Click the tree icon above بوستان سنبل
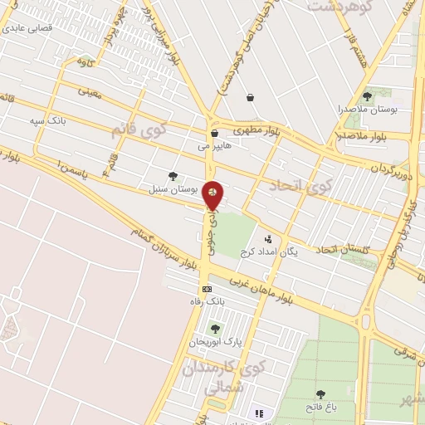tap(173, 176)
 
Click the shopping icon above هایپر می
tap(214, 133)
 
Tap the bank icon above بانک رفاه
tap(206, 289)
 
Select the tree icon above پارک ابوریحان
tap(216, 329)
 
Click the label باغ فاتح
tap(320, 407)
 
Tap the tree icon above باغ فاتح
tap(320, 394)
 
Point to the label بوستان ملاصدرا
tap(368, 109)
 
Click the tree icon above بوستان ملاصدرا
tap(367, 96)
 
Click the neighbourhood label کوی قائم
tap(140, 131)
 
